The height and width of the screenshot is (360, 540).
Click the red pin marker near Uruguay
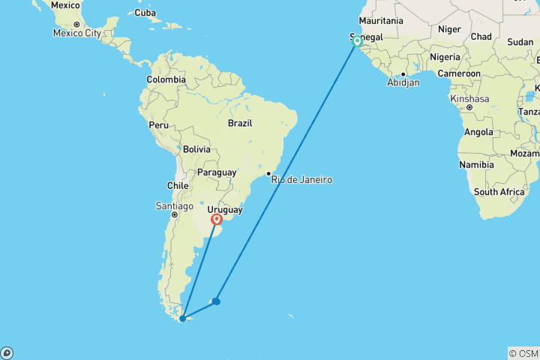point(217,220)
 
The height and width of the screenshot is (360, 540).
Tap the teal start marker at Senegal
point(357,42)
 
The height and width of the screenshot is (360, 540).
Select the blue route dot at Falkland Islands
point(216,301)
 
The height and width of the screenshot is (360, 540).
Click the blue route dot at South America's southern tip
point(182,319)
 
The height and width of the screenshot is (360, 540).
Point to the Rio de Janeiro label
point(301,180)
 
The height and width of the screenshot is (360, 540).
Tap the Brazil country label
point(240,123)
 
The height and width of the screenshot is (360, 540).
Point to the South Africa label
point(499,192)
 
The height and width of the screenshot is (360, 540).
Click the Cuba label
point(145,13)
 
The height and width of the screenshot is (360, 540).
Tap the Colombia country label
point(166,79)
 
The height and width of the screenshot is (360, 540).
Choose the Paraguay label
point(217,172)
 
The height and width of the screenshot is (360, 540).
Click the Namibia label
point(478,164)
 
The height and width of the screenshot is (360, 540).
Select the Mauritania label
point(381,21)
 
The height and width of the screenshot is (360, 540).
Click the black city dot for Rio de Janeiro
point(268,173)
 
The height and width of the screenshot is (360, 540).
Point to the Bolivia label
point(196,149)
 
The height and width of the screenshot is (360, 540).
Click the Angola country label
point(478,132)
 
